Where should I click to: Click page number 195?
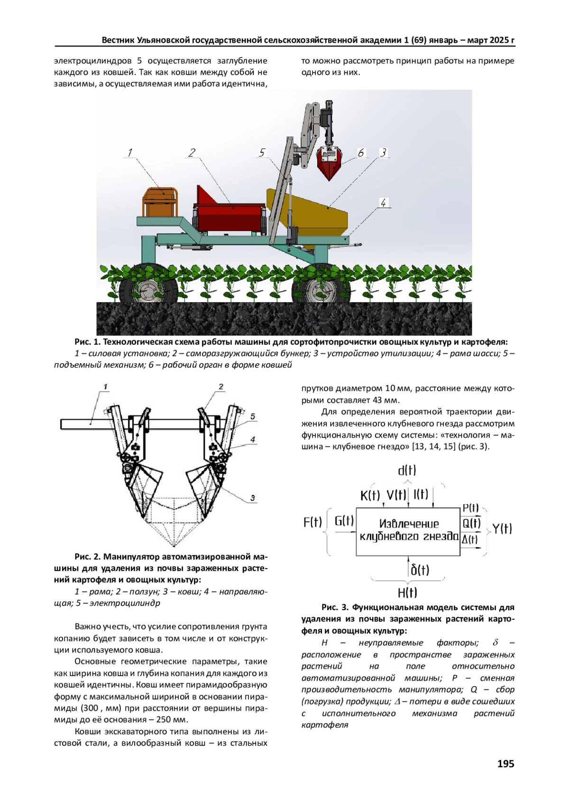[505, 763]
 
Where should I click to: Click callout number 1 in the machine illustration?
[129, 153]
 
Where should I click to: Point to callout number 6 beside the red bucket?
[361, 153]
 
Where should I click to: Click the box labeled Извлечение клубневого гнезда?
[408, 531]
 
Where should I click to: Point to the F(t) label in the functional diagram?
[312, 522]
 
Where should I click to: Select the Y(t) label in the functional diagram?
[502, 528]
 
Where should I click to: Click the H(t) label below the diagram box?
[407, 592]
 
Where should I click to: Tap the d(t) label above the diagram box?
[407, 470]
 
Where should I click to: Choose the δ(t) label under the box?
[420, 569]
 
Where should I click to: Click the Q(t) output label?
[471, 523]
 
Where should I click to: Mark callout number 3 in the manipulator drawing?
[253, 498]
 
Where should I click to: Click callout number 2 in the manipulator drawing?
[221, 387]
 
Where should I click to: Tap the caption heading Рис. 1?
[88, 342]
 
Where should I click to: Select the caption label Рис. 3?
[335, 607]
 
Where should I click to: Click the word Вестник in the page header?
[119, 40]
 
